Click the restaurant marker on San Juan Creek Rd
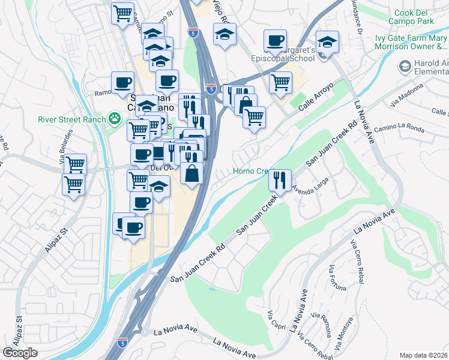click(x=279, y=179)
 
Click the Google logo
click(x=20, y=353)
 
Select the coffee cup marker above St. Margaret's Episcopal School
click(x=275, y=41)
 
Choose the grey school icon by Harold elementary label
click(x=405, y=65)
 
